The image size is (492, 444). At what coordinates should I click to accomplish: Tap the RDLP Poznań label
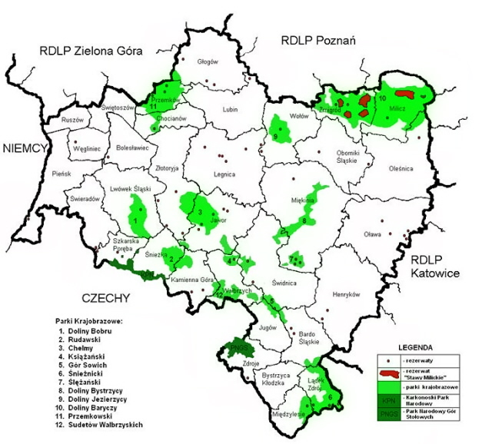(x=317, y=40)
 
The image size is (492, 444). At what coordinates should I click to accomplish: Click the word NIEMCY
(x=25, y=148)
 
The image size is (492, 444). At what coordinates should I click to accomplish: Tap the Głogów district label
(x=208, y=61)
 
